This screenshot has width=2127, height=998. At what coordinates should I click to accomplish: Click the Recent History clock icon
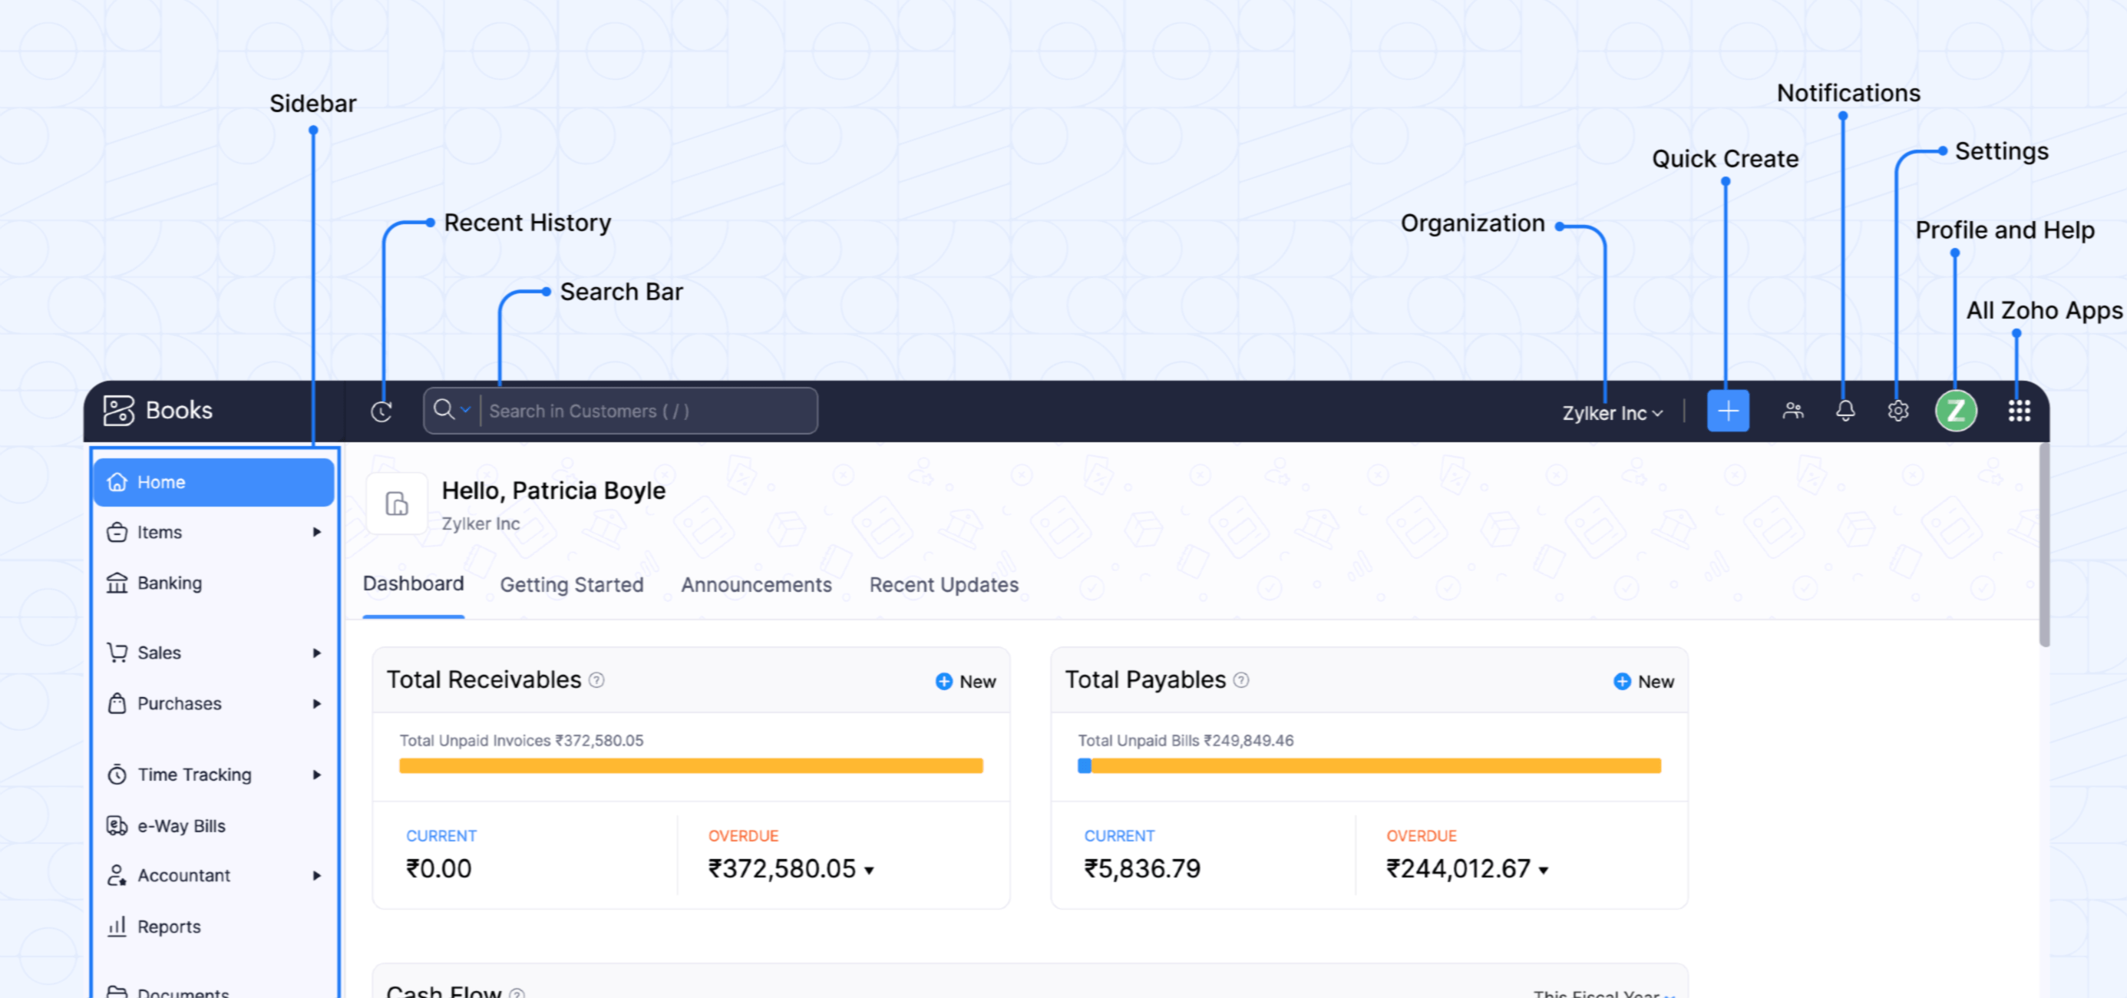[x=381, y=411]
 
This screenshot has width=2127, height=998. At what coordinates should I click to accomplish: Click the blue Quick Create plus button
[x=1727, y=411]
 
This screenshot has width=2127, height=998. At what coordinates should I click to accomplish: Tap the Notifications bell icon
[x=1845, y=410]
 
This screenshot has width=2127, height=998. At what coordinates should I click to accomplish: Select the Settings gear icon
[x=1898, y=411]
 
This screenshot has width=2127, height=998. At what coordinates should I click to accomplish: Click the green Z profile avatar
[x=1955, y=411]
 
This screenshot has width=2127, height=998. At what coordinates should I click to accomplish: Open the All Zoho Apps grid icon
[x=2019, y=411]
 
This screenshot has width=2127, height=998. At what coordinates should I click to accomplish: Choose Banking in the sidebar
[x=170, y=583]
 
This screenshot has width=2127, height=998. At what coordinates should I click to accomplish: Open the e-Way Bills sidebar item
[x=181, y=825]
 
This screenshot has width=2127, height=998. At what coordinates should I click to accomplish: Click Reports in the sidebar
[x=168, y=926]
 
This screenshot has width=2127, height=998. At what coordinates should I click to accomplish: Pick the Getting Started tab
[x=571, y=584]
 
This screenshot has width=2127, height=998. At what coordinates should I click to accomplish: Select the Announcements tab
[x=756, y=584]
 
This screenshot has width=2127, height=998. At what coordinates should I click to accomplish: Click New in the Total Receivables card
[x=966, y=681]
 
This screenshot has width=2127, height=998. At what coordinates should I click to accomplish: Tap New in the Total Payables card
[x=1644, y=681]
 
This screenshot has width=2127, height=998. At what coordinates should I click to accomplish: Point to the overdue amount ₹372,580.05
[x=782, y=868]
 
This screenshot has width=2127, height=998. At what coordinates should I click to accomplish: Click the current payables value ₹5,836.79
[x=1142, y=868]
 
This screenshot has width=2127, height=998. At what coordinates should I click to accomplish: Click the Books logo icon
[x=118, y=410]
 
